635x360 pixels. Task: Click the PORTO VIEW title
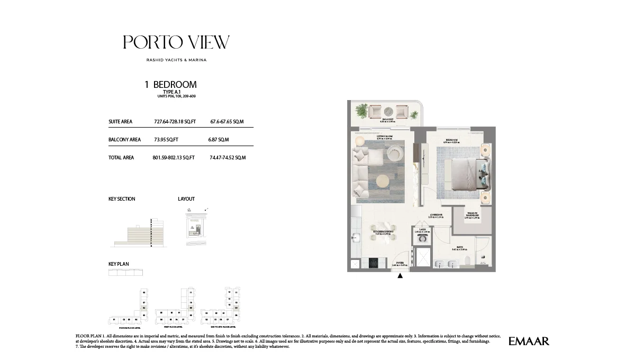pos(176,42)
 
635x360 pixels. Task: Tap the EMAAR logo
pos(529,341)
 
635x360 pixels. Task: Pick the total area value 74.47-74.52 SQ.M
pos(227,158)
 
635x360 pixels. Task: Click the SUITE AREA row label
pos(120,122)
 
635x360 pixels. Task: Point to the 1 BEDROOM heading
pos(170,84)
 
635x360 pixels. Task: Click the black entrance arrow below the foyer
pos(400,275)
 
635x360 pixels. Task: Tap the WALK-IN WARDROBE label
pos(472,215)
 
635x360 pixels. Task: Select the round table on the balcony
pos(388,111)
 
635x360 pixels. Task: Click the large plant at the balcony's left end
pos(362,111)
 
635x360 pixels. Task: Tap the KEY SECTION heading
pos(122,199)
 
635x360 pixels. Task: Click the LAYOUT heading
pos(186,199)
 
